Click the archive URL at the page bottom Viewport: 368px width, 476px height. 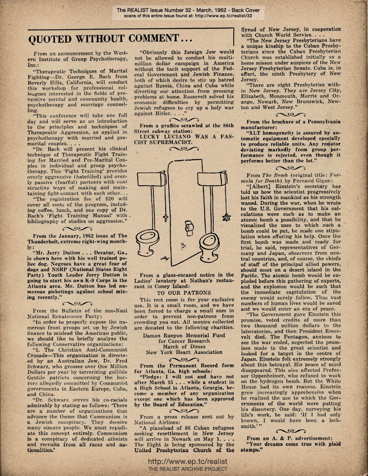click(184, 461)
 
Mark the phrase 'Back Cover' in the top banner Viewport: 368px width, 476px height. click(248, 9)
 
